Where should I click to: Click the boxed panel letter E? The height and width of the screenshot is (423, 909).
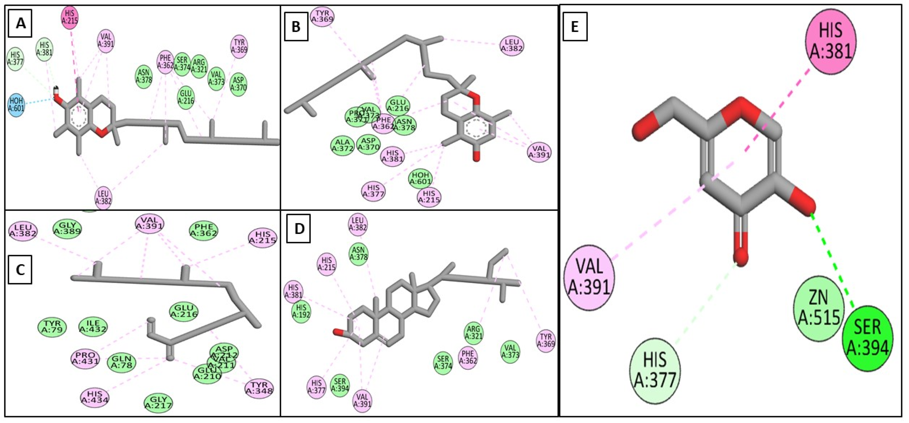pos(575,27)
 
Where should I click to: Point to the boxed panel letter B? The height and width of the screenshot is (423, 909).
pos(296,27)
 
